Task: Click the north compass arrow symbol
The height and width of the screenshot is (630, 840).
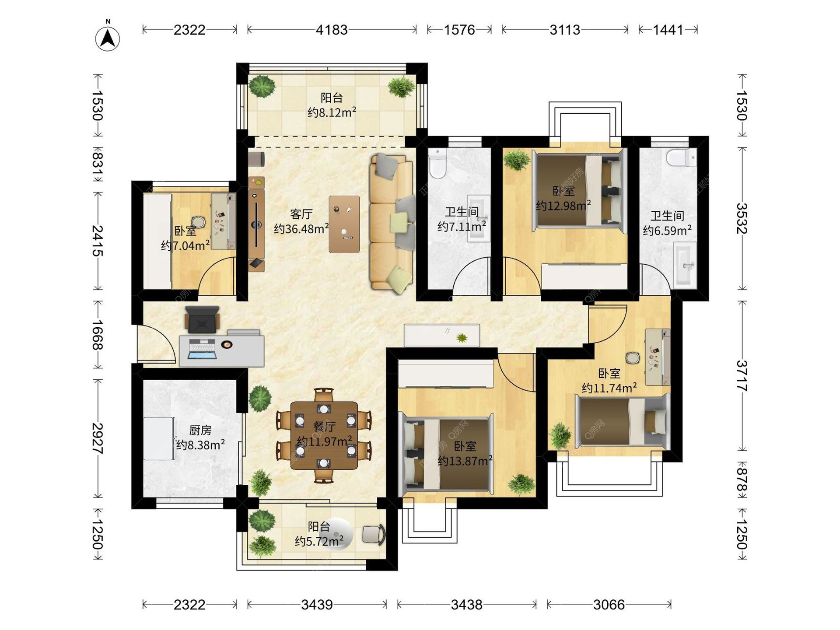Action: (x=108, y=38)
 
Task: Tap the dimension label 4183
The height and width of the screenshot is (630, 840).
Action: (x=332, y=30)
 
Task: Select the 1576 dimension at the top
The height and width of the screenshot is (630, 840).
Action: (x=459, y=30)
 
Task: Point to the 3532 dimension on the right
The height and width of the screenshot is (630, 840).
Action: (x=742, y=218)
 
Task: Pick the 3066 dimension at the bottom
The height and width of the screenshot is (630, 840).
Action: (x=609, y=605)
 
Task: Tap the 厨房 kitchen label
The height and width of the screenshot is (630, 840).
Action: (x=200, y=430)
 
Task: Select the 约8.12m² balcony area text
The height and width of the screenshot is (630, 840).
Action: (x=332, y=112)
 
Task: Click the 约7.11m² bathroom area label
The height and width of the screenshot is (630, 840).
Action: (x=462, y=226)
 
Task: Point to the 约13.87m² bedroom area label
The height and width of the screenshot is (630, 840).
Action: (x=465, y=461)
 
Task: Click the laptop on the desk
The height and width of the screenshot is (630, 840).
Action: (x=202, y=349)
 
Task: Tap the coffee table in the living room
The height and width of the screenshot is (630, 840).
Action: (x=344, y=224)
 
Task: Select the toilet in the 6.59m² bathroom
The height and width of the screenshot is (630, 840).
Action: (x=682, y=158)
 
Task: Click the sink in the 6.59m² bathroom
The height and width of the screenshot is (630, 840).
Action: (x=685, y=265)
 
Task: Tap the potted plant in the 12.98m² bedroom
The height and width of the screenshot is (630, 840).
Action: (x=517, y=160)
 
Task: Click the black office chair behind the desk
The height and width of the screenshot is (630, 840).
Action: (x=202, y=320)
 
